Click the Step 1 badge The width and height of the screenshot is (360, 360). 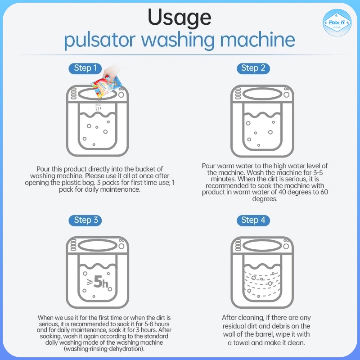pos(85,68)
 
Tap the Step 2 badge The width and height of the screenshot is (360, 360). pos(253,68)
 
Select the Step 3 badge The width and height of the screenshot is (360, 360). pos(85,220)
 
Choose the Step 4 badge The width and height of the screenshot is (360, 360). pos(253,220)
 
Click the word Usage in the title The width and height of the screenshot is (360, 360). pos(180,18)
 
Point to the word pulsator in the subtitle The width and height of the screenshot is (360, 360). pos(99,40)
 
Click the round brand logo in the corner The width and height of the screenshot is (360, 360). pos(337,22)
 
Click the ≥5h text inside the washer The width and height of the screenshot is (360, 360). pos(98,282)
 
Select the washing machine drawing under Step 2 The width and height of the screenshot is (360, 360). pos(262,121)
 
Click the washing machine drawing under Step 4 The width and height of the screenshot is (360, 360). pos(262,273)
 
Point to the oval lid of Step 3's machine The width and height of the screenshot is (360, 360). pos(98,246)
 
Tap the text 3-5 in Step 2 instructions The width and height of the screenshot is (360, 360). pos(318,172)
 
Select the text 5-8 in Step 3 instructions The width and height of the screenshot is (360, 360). pos(148,324)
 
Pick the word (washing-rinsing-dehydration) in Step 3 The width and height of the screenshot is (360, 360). pos(104,349)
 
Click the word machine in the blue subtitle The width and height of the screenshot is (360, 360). pos(257,40)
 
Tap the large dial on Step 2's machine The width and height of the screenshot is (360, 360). pos(286,94)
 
